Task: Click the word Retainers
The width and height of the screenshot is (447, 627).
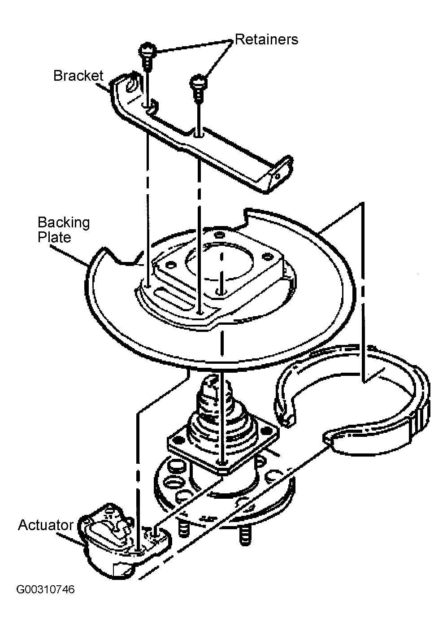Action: (266, 39)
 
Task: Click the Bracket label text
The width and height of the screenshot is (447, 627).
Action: (78, 76)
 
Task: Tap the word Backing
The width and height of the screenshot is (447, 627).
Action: (64, 223)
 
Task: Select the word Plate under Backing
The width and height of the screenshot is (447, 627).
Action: (54, 237)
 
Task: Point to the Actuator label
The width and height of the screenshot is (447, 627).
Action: (46, 525)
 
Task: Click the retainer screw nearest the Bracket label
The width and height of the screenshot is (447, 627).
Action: (147, 56)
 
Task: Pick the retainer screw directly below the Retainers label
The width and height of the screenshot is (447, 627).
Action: (199, 87)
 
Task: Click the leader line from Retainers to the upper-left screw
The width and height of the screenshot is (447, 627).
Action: (194, 46)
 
